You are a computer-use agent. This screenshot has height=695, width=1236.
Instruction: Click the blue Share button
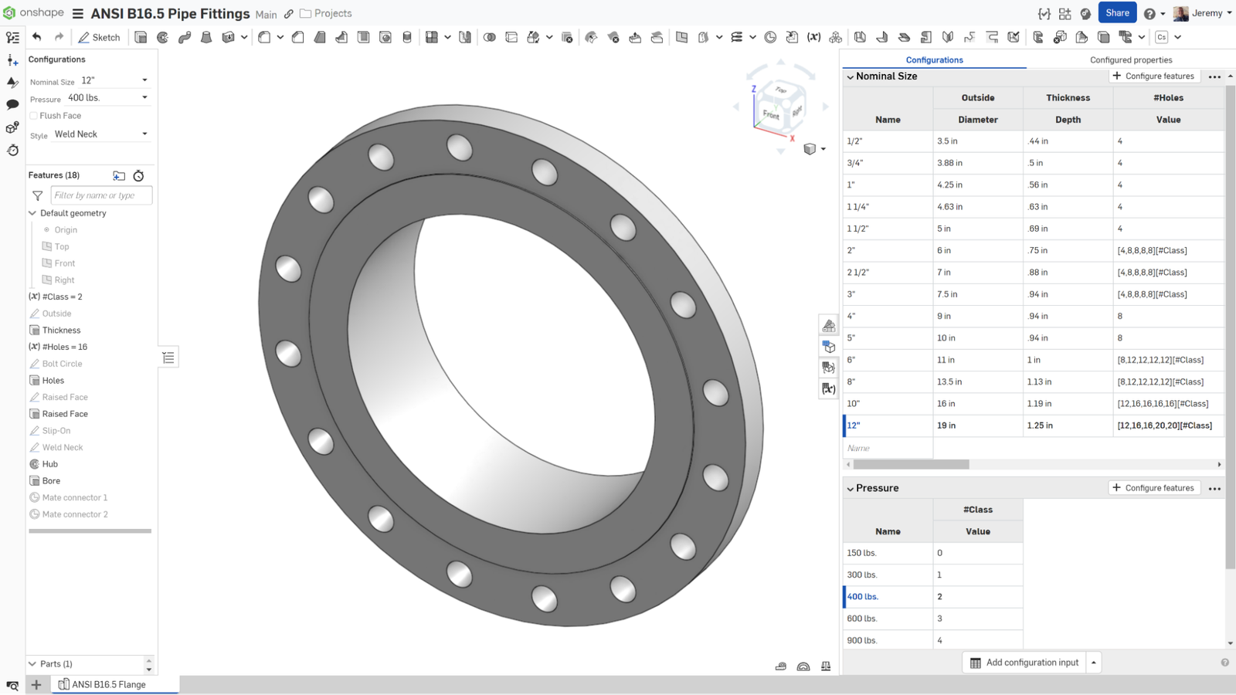[1117, 13]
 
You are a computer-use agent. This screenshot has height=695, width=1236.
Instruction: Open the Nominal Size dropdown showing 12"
[114, 80]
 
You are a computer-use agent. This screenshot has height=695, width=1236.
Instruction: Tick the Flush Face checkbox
[34, 116]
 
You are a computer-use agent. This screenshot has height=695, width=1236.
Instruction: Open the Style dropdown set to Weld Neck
[100, 134]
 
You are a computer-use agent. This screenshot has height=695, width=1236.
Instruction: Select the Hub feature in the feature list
[50, 464]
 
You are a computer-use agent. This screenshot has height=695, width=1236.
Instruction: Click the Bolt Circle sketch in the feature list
[62, 364]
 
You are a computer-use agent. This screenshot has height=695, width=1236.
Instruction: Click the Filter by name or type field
[101, 195]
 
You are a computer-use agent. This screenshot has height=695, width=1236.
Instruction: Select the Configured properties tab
[1130, 59]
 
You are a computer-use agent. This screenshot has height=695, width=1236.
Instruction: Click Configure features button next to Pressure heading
[1154, 488]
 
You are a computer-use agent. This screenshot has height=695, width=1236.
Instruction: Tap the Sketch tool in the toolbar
[99, 37]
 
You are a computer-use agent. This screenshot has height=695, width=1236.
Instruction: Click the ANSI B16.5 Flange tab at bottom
[108, 684]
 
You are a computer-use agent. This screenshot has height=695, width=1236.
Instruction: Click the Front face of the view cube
[771, 114]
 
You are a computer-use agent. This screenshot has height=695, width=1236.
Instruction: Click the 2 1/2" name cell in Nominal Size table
[858, 273]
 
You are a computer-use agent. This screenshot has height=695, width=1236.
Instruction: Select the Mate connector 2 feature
[74, 514]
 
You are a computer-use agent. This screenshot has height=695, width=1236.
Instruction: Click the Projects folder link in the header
[332, 13]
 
